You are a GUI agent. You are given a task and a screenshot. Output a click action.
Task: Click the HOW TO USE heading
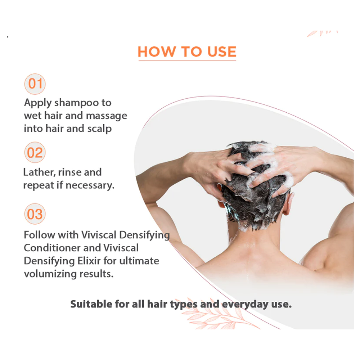coord(187,51)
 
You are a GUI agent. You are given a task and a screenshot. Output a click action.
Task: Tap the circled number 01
coord(35,84)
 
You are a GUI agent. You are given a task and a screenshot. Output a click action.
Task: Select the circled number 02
coord(35,153)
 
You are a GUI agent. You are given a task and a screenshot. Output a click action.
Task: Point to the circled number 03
coord(35,214)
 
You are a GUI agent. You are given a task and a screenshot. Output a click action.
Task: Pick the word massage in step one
coord(107,116)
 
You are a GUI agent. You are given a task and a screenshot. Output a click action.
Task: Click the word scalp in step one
coord(99,129)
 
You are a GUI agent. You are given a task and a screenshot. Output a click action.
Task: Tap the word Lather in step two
coord(39,172)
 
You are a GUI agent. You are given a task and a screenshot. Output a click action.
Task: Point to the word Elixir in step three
coord(90,261)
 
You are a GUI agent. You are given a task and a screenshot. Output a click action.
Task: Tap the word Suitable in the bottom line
coord(91,304)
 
